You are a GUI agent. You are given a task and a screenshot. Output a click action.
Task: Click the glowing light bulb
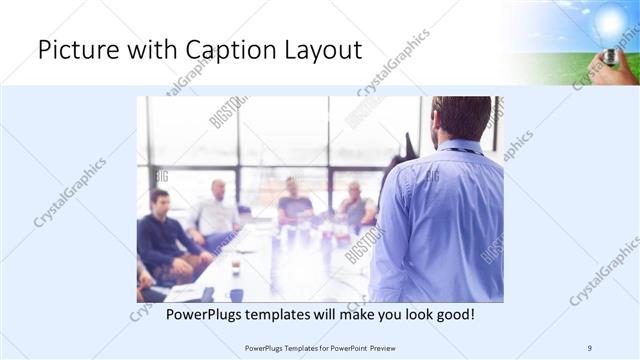click(x=609, y=22)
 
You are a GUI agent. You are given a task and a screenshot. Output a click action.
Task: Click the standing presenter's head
click(x=463, y=118)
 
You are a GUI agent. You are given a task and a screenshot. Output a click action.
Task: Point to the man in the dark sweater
click(x=161, y=235)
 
